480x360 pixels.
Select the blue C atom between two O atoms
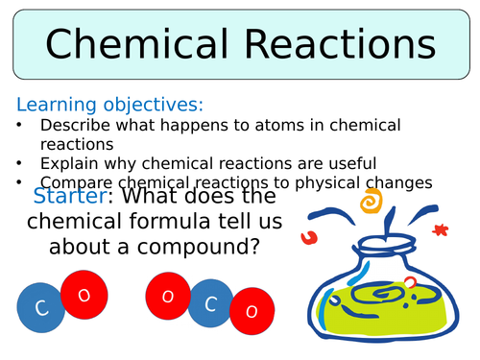click(209, 304)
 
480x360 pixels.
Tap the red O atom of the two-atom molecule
click(83, 296)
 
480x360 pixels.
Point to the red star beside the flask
click(441, 230)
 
